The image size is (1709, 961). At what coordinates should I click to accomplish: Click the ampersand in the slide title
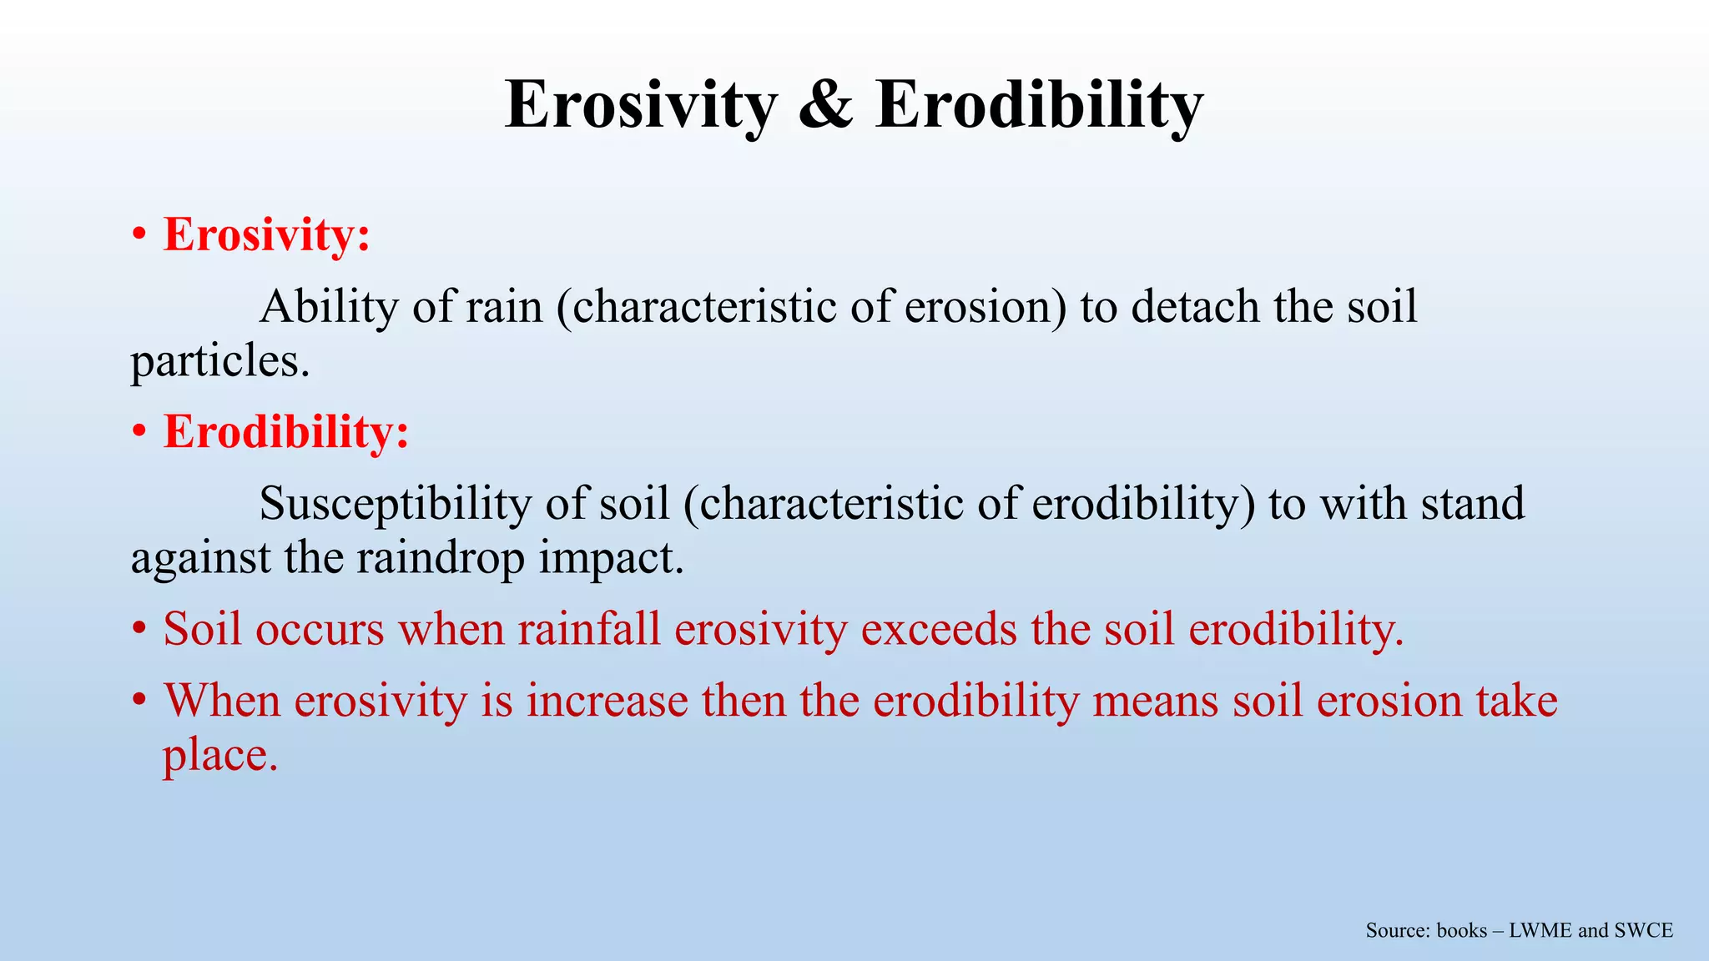click(x=825, y=106)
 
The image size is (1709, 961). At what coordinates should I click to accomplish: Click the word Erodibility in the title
click(x=1039, y=106)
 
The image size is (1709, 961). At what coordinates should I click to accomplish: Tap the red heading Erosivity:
click(x=266, y=234)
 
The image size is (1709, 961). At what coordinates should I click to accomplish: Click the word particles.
click(x=219, y=362)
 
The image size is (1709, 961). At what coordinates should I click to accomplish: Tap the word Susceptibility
click(x=395, y=504)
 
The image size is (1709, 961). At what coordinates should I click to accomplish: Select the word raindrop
click(x=441, y=558)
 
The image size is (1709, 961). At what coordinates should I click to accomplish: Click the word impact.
click(x=611, y=558)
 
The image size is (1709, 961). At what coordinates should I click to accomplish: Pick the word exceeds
click(x=939, y=629)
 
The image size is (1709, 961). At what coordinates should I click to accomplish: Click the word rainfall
click(x=588, y=629)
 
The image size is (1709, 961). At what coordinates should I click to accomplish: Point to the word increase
click(x=607, y=701)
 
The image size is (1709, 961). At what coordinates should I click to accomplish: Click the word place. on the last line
click(x=219, y=756)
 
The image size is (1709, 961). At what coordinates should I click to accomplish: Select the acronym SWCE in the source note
click(x=1643, y=931)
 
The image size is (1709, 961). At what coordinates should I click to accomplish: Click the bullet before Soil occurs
click(x=139, y=631)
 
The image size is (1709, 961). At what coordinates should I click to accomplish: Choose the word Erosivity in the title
click(x=641, y=106)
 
